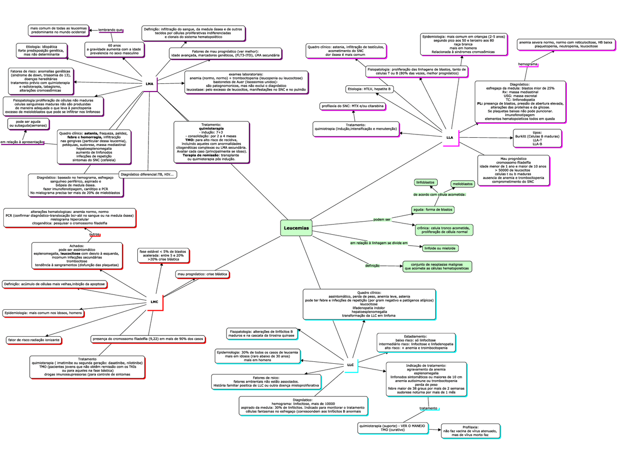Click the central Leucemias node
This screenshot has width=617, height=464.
296,228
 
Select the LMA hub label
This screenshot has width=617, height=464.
149,84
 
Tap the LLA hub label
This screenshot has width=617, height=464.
450,137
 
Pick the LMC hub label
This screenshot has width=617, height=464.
154,302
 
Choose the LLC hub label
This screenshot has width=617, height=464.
350,365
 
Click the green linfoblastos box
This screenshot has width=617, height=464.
426,182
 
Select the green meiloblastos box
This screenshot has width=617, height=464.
463,184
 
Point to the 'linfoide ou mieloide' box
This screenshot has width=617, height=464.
440,248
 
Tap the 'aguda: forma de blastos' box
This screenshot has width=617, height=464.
433,210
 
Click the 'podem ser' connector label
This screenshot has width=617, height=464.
382,219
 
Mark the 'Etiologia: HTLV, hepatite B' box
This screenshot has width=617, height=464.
369,89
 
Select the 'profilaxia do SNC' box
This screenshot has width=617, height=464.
353,106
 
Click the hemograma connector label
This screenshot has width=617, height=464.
528,64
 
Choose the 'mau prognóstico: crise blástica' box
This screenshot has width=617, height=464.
202,274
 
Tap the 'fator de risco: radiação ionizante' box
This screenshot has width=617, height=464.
34,340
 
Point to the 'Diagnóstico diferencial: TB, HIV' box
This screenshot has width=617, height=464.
148,174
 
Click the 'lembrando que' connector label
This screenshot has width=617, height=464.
110,30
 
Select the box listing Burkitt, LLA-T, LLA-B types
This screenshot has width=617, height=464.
537,138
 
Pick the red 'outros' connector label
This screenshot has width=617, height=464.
94,235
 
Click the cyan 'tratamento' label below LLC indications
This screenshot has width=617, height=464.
428,408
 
